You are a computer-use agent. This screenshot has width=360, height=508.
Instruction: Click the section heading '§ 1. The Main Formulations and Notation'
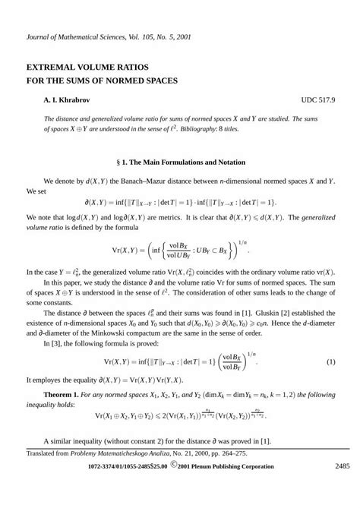point(179,162)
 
